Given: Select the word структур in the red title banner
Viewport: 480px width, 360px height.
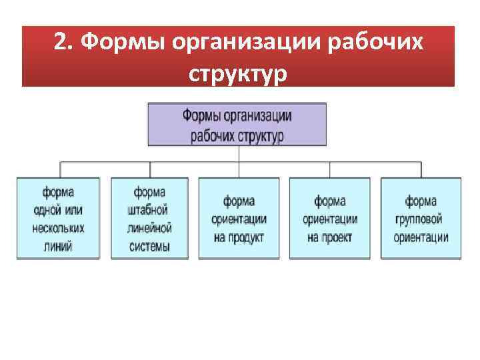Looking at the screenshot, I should tap(238, 73).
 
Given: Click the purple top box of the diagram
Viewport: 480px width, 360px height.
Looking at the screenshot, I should tap(237, 125).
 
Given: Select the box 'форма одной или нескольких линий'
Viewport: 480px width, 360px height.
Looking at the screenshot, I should tap(58, 218).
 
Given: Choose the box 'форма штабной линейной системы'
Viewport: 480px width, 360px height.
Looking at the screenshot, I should tap(149, 218).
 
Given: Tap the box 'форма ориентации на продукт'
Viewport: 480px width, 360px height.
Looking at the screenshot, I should tap(239, 218).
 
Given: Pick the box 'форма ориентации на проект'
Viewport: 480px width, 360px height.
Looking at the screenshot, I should tap(329, 218).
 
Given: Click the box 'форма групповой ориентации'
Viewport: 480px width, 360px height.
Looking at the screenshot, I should tap(421, 218).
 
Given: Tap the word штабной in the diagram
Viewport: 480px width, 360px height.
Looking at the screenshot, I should tap(149, 210).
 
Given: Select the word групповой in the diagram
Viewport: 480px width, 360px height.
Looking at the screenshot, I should tap(421, 219).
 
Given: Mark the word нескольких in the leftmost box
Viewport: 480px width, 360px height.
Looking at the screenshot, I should tap(58, 228).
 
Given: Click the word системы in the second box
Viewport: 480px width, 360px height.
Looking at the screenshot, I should tap(149, 247).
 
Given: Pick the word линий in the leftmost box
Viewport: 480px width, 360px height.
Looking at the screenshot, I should tap(58, 247).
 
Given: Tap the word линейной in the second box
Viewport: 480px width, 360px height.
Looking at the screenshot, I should tap(149, 228).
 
